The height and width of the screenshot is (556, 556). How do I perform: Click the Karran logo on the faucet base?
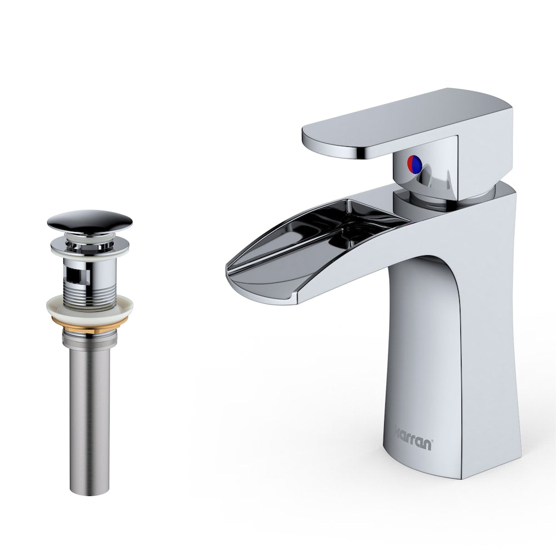pos(414,431)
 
